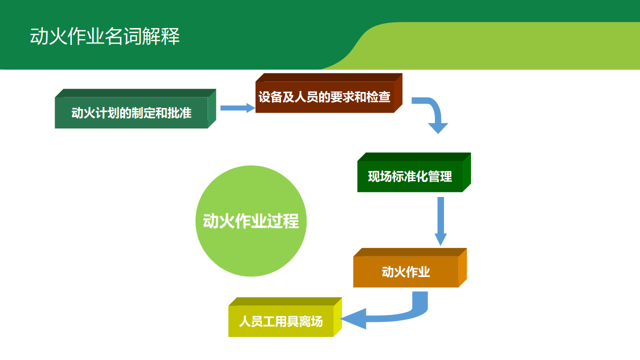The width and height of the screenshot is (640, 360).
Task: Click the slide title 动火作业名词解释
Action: [105, 37]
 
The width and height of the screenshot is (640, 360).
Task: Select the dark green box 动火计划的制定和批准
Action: [131, 113]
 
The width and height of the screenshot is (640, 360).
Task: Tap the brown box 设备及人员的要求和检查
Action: [324, 97]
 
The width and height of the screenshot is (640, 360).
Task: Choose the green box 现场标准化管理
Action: [410, 176]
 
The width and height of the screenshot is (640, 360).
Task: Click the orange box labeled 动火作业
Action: [406, 272]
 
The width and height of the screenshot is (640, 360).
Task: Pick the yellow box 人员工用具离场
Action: [281, 321]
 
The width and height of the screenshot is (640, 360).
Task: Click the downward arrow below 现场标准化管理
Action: [440, 220]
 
